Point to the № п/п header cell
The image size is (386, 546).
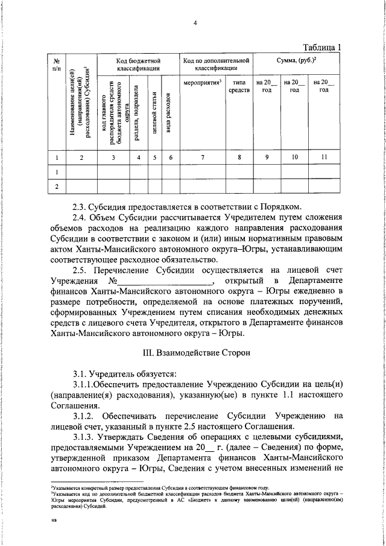pos(56,66)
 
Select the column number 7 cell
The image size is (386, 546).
pos(203,158)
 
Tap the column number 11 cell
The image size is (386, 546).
pos(324,158)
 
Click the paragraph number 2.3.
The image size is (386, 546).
pos(80,206)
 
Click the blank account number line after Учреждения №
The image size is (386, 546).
pos(164,282)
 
